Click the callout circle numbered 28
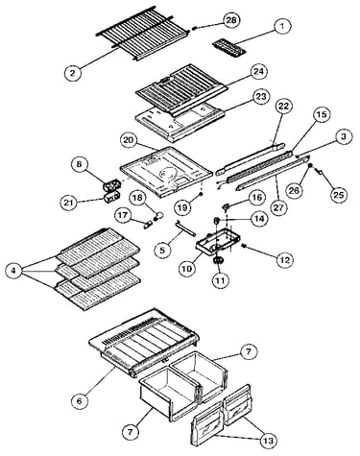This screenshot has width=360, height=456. coord(230,20)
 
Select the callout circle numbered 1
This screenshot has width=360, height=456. coord(281,26)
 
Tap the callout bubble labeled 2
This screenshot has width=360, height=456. coord(73,73)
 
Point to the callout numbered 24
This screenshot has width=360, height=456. coord(258,72)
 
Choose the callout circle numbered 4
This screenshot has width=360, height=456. coord(13,271)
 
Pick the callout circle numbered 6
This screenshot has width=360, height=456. coord(80,400)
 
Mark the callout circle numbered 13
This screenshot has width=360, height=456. coord(268,441)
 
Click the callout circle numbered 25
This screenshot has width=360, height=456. coord(338,194)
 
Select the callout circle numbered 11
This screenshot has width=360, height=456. coord(221,280)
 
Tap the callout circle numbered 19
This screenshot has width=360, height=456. coord(183,207)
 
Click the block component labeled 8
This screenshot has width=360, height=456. coord(112,186)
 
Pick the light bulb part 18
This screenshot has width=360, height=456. coord(158,216)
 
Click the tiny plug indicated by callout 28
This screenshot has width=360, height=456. coord(195,28)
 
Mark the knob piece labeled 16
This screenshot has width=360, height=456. coord(227,208)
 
